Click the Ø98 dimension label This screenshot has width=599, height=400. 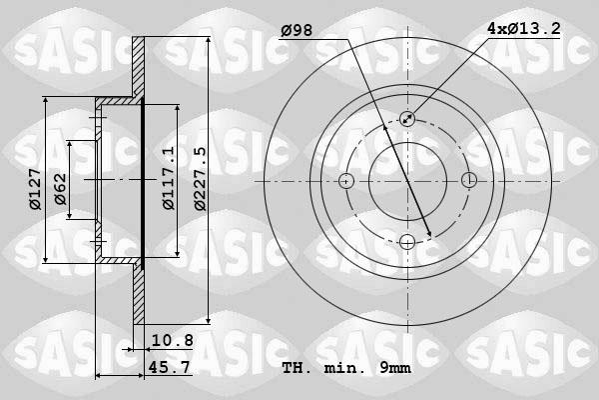[x=297, y=31]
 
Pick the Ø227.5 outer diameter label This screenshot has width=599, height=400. [x=200, y=177]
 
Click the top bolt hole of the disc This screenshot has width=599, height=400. [x=407, y=119]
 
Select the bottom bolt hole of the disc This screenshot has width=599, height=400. [x=407, y=241]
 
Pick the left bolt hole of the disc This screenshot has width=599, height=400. [x=346, y=180]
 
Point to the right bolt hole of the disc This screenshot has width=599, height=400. [x=468, y=180]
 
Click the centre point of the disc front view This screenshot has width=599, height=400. [x=407, y=180]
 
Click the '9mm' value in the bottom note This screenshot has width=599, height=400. [x=394, y=369]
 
